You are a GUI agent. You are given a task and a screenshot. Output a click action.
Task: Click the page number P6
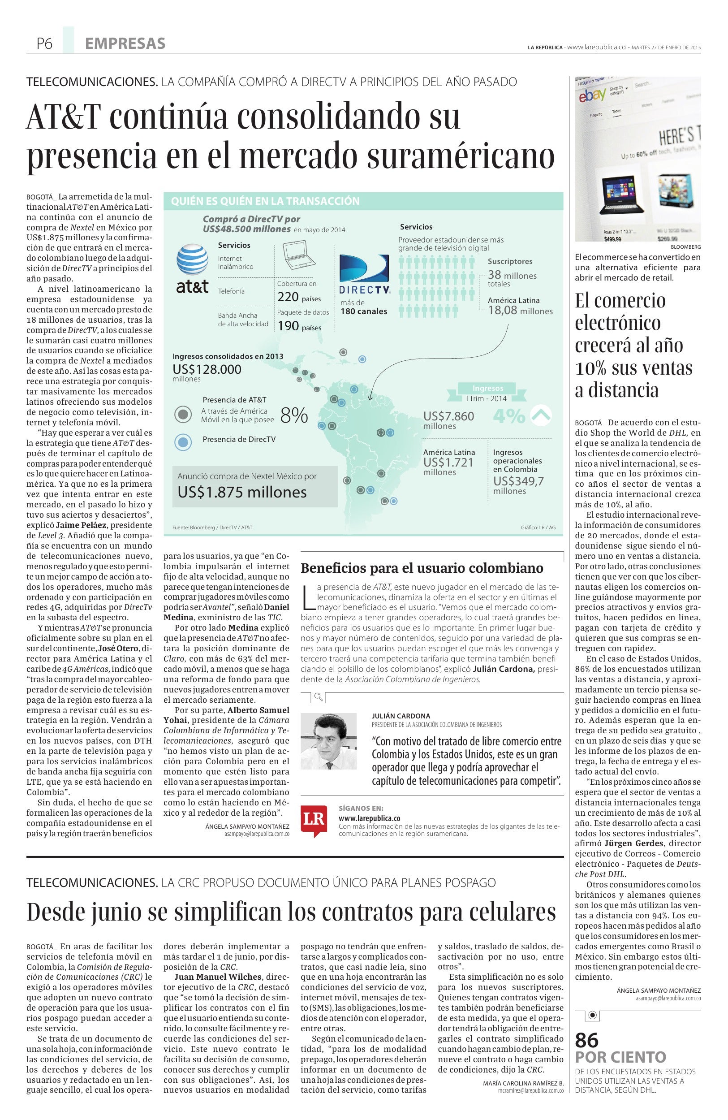click(x=45, y=44)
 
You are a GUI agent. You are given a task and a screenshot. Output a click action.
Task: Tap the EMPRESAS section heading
click(x=125, y=44)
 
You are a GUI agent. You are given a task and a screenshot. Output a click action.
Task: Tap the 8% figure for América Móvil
click(x=294, y=415)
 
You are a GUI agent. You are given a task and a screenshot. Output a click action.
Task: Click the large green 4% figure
click(x=508, y=415)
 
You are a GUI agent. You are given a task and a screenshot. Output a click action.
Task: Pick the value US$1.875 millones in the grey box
click(x=242, y=492)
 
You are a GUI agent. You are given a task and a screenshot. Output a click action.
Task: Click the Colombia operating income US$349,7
click(x=518, y=481)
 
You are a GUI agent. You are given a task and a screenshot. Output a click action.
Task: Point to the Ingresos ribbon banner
click(x=488, y=388)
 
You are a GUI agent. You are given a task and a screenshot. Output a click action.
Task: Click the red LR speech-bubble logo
click(x=314, y=820)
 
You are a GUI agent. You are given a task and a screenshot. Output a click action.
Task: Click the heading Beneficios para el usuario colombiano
click(x=422, y=568)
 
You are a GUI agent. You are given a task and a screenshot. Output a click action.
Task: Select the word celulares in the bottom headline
click(x=517, y=912)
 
